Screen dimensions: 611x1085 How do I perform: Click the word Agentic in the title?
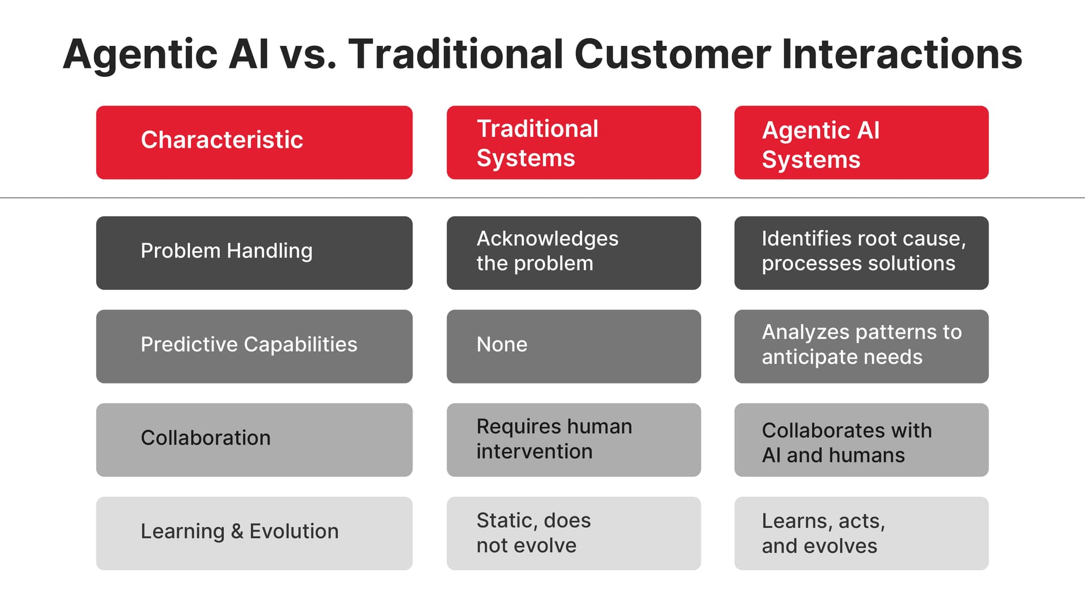pos(140,55)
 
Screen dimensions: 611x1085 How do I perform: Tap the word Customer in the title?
pos(672,55)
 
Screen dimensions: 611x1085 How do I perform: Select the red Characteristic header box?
pos(254,143)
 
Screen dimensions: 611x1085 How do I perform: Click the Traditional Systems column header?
pos(574,143)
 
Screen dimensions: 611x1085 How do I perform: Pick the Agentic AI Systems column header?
pos(861,143)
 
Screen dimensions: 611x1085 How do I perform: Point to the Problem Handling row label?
pos(254,253)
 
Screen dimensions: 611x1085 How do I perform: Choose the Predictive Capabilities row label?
pos(254,346)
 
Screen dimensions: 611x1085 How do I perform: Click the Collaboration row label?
pos(254,440)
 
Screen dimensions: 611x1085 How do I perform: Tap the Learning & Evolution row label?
pos(254,533)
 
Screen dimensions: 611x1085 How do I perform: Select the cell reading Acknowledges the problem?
pos(574,253)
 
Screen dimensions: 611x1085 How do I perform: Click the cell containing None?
pos(574,346)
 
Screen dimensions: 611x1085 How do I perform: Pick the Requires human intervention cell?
pos(574,440)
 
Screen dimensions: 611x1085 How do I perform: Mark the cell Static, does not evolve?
pos(574,533)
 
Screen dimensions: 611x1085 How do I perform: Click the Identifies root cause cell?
pos(861,253)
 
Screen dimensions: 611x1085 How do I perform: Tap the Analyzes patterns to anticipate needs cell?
pos(861,346)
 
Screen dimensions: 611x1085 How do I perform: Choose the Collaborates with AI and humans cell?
pos(861,440)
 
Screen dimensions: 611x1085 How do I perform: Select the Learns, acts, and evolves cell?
pos(861,533)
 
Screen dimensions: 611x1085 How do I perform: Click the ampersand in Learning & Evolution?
pos(237,532)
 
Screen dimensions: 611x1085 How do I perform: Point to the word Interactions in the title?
pos(902,55)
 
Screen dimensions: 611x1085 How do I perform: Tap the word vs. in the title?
pos(309,55)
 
